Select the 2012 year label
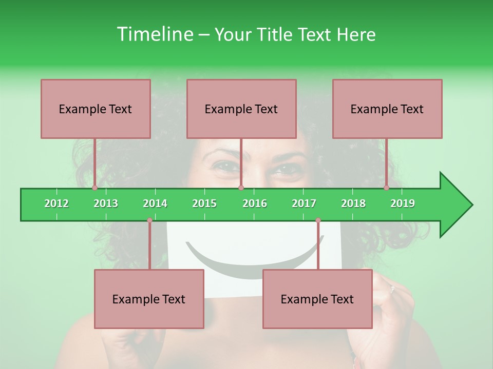[56, 203]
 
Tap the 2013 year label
[106, 203]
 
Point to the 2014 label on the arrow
[155, 203]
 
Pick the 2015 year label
[204, 203]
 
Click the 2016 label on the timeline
[255, 203]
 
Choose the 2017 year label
[304, 203]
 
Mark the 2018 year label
[353, 203]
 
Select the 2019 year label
[403, 203]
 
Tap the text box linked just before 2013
[96, 109]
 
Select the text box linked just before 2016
[241, 109]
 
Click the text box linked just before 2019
[387, 109]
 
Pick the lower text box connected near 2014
[149, 299]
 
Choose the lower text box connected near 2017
[317, 299]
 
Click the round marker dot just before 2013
[95, 188]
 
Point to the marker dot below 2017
[318, 220]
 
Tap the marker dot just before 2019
[387, 188]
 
